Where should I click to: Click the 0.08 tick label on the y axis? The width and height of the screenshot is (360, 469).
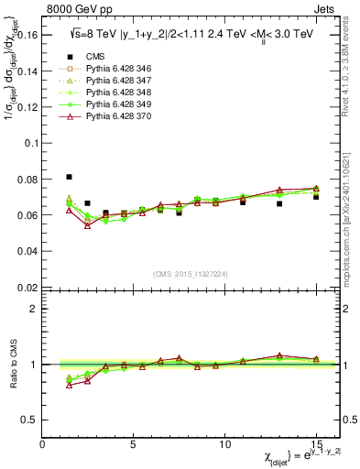click(28, 180)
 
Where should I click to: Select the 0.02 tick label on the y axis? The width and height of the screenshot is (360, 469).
click(28, 287)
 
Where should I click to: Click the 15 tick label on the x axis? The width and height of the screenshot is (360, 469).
click(316, 444)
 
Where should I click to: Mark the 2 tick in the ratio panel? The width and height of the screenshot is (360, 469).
click(35, 309)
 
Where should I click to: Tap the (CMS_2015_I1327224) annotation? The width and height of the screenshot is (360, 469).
click(190, 272)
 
